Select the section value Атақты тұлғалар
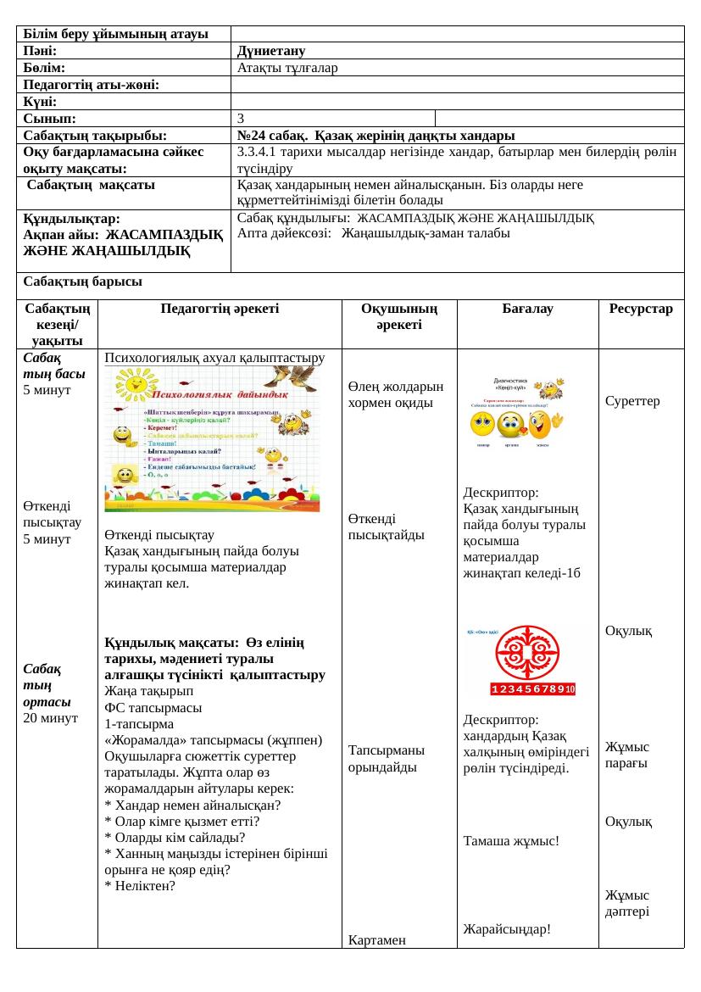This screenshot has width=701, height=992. click(287, 68)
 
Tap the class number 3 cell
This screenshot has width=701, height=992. click(242, 118)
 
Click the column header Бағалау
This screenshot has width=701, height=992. click(527, 309)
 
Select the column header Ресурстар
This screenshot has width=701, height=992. click(641, 309)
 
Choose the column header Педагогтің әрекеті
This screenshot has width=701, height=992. click(219, 309)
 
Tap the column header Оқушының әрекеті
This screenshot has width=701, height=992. click(398, 317)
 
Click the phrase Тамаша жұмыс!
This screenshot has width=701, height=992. click(511, 841)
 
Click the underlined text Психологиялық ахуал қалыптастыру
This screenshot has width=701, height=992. click(214, 359)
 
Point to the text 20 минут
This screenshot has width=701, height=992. click(51, 718)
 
